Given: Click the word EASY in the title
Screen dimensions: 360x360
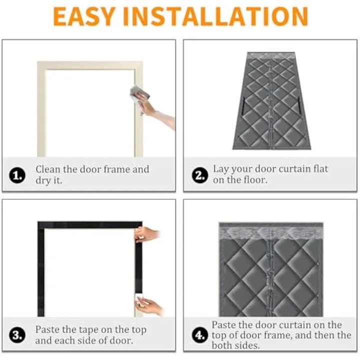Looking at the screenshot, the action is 84,16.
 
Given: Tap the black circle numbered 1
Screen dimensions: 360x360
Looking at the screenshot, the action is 17,175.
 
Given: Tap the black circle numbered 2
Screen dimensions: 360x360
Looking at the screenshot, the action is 199,175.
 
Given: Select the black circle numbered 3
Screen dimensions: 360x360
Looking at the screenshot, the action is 17,335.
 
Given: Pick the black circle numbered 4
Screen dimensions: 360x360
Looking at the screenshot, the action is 199,335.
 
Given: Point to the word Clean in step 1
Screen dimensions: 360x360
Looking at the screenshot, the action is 48,169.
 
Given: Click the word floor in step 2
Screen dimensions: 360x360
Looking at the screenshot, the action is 255,179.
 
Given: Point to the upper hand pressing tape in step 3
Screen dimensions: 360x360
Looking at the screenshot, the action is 147,234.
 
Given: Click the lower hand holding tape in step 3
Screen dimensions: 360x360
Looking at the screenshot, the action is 149,305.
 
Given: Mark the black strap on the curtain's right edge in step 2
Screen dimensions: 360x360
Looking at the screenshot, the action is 298,105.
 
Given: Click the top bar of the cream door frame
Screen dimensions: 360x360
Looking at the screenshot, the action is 90,65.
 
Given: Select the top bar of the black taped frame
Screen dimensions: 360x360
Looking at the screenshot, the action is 90,225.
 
